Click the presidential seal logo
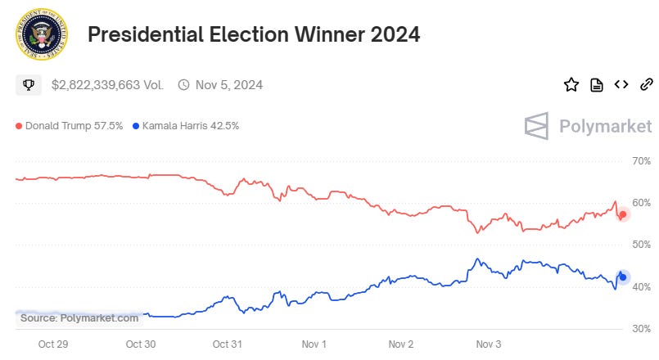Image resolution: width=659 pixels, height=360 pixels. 42,35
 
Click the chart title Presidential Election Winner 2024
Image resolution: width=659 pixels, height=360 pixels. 253,35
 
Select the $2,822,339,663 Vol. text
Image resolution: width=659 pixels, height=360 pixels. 107,84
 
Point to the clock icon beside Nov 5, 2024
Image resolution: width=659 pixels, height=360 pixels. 183,84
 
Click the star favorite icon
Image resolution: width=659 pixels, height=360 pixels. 571,84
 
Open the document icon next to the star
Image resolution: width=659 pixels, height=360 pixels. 597,84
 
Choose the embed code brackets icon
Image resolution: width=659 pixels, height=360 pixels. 621,84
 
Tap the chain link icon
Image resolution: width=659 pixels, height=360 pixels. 646,84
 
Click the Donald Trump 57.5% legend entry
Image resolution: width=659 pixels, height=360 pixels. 70,126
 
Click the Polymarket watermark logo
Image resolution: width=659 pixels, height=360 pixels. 588,126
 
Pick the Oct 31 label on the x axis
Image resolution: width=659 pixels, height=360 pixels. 227,344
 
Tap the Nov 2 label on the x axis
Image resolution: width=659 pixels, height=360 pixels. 400,344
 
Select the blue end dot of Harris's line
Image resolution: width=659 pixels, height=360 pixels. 623,277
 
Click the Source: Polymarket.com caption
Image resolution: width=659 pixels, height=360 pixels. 79,317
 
